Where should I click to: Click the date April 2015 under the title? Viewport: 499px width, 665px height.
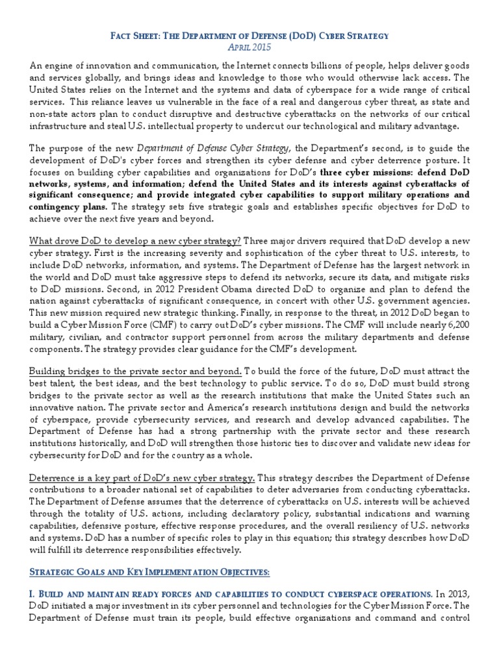[249, 48]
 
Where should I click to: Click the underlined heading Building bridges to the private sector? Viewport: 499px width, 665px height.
[135, 371]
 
